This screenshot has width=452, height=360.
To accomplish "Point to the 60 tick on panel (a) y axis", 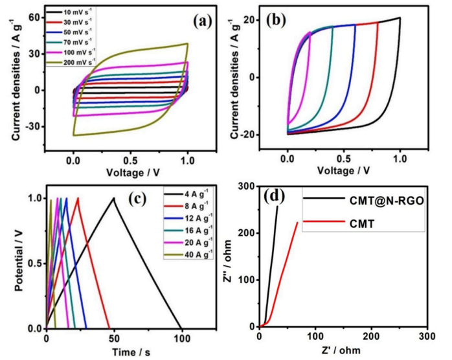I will point(51,17).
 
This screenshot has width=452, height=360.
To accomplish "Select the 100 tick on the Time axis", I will point(182,339).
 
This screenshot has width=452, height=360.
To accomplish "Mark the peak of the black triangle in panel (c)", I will point(114,198).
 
